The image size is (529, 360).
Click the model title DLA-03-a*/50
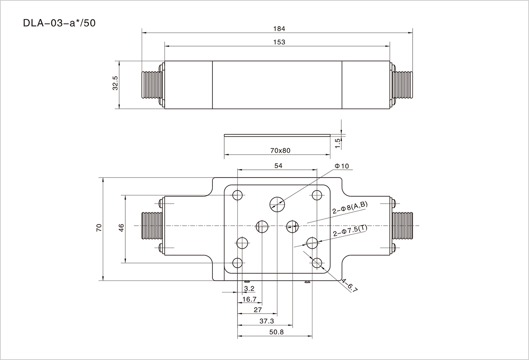click(59, 23)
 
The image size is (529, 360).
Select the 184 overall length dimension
click(279, 29)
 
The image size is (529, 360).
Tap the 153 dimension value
click(279, 42)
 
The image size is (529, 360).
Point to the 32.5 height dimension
click(115, 83)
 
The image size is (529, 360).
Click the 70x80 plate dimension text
click(280, 150)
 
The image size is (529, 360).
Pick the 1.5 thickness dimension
click(337, 143)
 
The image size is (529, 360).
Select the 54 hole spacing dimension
click(278, 165)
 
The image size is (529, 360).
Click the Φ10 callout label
click(342, 166)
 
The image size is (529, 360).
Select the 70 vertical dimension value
click(99, 228)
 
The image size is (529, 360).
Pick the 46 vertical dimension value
click(121, 228)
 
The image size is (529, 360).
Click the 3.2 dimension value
click(249, 288)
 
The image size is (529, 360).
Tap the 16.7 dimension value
click(249, 299)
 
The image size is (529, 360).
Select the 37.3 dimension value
click(267, 321)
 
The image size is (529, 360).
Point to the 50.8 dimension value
click(276, 332)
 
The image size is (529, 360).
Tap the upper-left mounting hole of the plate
click(238, 195)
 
